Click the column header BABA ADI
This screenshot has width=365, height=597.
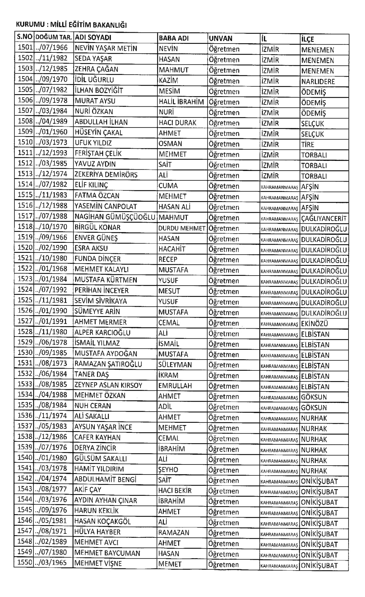point(174,38)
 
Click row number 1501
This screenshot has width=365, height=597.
point(26,48)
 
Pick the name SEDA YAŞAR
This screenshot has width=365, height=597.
point(93,59)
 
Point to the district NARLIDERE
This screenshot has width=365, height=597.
point(318,81)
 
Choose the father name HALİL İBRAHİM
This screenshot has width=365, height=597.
point(181,102)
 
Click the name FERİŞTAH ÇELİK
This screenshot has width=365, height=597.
point(98,154)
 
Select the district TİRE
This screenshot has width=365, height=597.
point(308,144)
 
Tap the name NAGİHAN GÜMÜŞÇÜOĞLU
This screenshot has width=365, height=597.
point(115,217)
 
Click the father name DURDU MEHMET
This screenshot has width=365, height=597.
point(182,228)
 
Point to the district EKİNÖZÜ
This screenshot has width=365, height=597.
point(314,323)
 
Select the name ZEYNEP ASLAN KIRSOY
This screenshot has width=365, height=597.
point(108,385)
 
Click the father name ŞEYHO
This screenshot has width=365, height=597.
point(168,469)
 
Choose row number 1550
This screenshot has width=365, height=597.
point(25,562)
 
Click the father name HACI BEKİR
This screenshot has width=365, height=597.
point(175,490)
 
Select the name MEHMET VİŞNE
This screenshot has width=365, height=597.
point(98,563)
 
